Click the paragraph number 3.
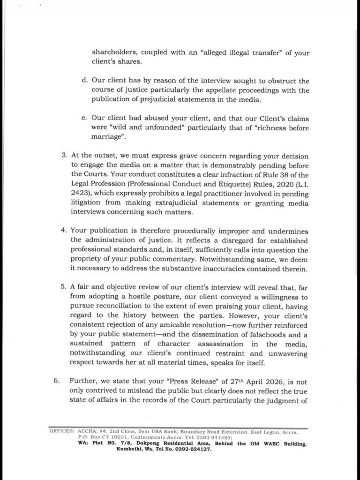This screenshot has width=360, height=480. tap(64, 156)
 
